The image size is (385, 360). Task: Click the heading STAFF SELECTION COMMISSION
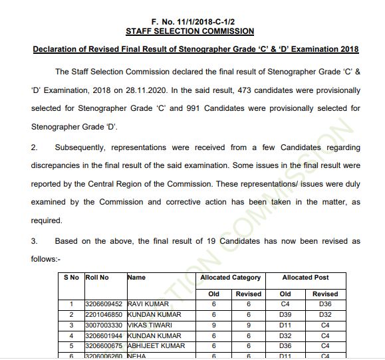190,31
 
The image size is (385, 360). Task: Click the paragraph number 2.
34,147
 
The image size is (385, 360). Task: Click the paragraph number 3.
34,241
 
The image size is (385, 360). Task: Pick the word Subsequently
84,147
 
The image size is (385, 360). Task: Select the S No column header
71,278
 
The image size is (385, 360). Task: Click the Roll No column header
97,278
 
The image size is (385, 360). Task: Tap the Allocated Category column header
231,278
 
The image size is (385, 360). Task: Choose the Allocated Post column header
305,278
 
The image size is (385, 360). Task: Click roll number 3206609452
104,304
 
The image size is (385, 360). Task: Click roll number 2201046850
104,315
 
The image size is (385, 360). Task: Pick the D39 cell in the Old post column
285,315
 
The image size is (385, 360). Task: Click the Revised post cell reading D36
325,304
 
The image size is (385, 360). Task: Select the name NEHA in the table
137,356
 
